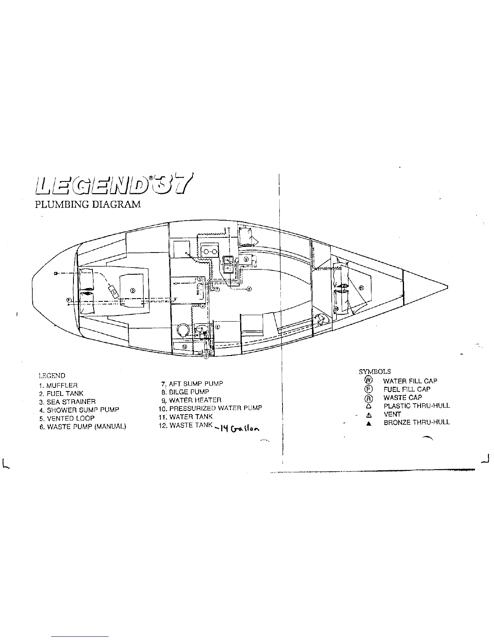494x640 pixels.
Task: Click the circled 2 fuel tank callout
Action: [x=133, y=290]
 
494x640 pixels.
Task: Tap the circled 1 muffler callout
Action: [x=114, y=292]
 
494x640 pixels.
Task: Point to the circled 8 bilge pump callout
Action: [x=249, y=289]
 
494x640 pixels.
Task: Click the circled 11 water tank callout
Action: [x=361, y=288]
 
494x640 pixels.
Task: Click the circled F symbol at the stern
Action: [x=69, y=300]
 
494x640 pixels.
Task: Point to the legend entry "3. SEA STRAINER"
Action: [x=67, y=402]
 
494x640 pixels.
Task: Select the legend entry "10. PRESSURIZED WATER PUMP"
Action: [x=210, y=408]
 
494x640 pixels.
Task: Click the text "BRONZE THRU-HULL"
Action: [x=417, y=422]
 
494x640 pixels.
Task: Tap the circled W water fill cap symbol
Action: [x=368, y=380]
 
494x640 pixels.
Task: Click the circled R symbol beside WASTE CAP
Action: [x=368, y=398]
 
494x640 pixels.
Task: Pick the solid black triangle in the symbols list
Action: [x=368, y=423]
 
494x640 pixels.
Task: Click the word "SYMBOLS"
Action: [x=375, y=371]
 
